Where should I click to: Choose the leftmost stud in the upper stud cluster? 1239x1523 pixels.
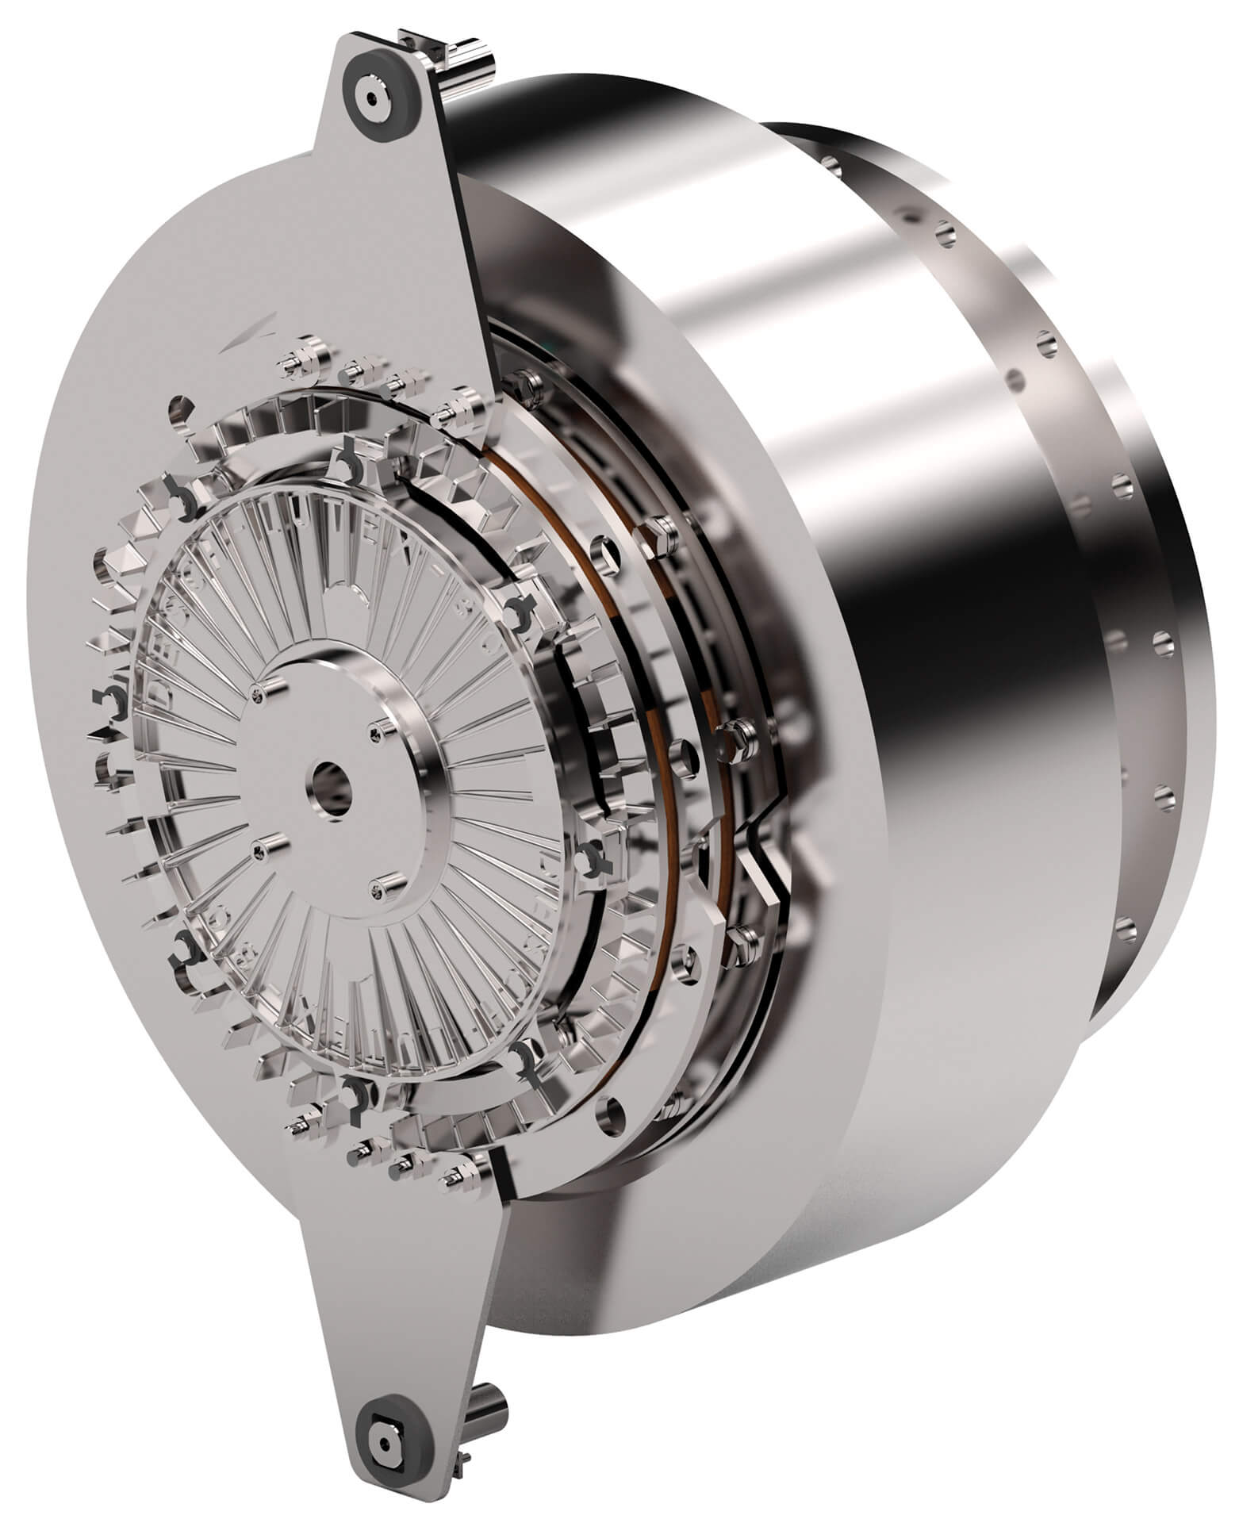[290, 361]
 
